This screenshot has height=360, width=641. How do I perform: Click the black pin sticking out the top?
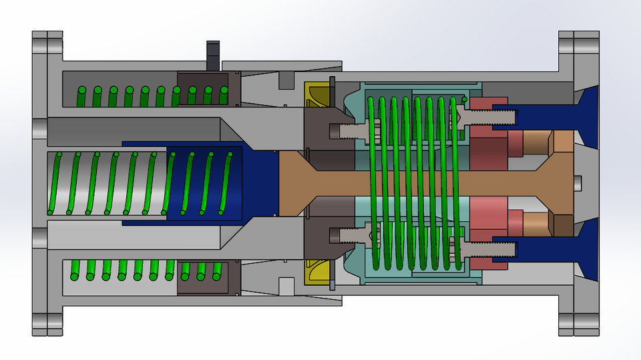coord(213,55)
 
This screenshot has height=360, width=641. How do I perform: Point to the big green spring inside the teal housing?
coord(414,180)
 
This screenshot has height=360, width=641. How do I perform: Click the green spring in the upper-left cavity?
coord(127,96)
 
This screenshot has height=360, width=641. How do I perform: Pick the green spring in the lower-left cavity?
coord(127,270)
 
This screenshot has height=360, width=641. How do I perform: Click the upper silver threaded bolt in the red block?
coord(491,116)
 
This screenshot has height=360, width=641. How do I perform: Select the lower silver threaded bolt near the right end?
coord(491,250)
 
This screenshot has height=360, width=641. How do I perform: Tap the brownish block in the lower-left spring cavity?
coord(204,278)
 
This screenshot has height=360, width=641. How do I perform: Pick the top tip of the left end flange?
coord(47,35)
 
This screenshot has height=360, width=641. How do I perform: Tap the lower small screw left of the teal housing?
coord(347,234)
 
